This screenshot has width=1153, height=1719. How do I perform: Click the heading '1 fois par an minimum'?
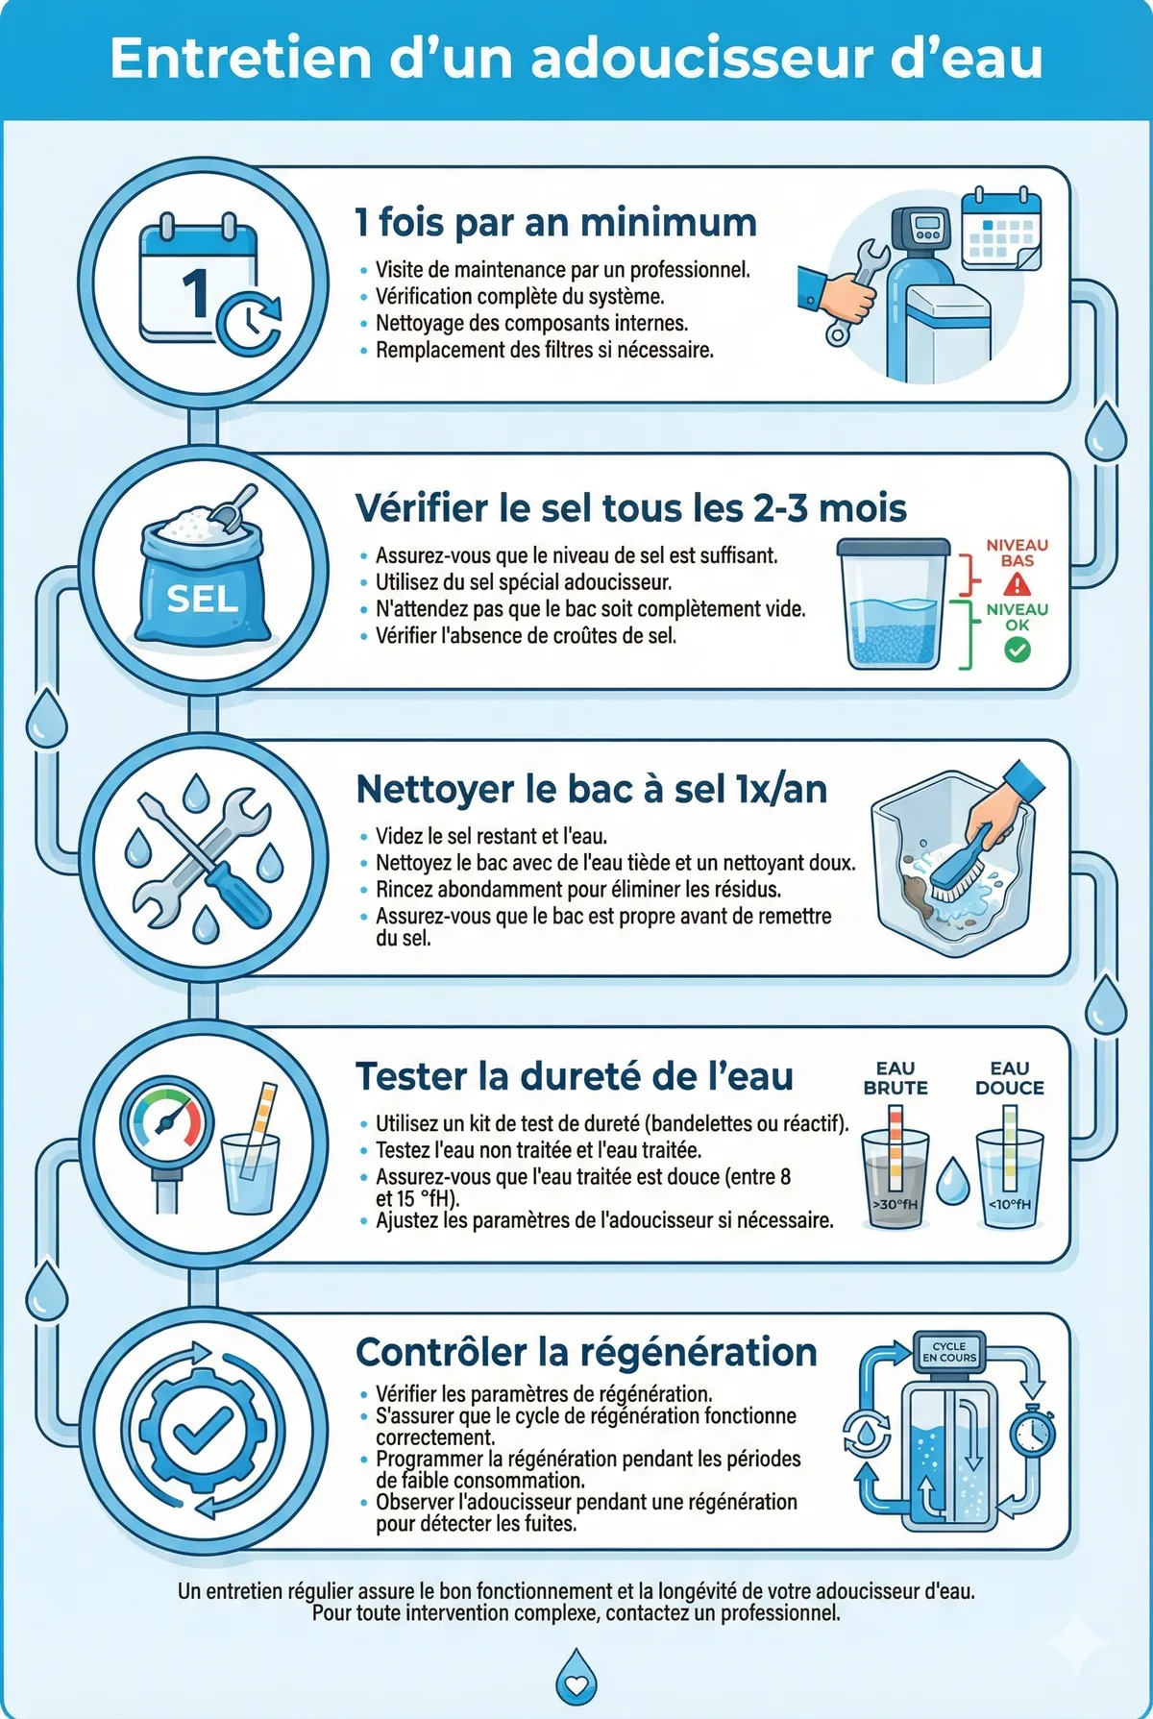[x=555, y=222]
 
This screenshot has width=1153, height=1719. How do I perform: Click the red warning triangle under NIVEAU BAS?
[x=1017, y=584]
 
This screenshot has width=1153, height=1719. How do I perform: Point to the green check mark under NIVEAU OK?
[x=1017, y=651]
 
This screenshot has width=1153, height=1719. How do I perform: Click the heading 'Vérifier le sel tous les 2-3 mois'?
[x=630, y=508]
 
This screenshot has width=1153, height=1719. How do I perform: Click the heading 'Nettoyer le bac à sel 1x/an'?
[x=591, y=789]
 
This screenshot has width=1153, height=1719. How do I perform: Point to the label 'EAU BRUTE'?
[x=895, y=1078]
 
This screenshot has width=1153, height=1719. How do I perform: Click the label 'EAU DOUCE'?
[x=1009, y=1078]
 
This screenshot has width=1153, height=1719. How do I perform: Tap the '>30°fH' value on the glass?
[x=895, y=1204]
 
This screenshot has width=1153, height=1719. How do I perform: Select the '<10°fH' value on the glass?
[x=1009, y=1204]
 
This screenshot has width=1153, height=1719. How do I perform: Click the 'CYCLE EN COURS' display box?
[x=948, y=1352]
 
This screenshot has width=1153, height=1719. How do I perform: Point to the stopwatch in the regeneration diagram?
[x=1033, y=1429]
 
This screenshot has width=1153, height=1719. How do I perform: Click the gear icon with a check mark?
[x=203, y=1431]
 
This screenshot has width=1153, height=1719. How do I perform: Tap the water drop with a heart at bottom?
[x=576, y=1679]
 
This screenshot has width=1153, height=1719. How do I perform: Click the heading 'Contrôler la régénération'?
[x=586, y=1353]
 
